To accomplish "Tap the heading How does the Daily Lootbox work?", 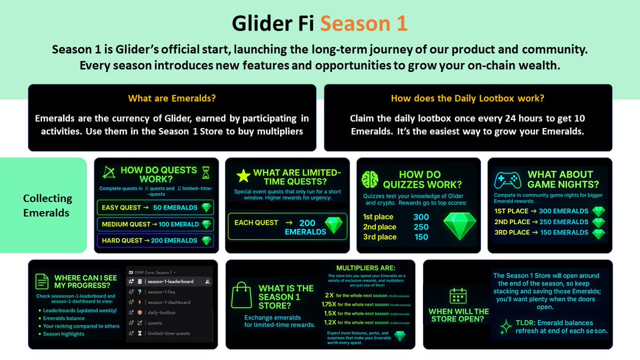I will pos(467,99).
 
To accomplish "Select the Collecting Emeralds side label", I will pos(47,205).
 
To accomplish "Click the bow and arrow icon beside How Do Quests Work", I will pos(108,172).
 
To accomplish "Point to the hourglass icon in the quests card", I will pos(206,172).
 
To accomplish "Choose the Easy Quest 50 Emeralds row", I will pos(155,207).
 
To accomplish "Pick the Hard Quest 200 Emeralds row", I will pos(155,241).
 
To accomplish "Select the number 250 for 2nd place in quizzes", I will pos(421,227).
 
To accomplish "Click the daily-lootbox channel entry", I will pos(162,313).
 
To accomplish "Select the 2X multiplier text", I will pos(330,294).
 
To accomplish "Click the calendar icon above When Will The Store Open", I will pos(459,297).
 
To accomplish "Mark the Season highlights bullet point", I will pos(63,334).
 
